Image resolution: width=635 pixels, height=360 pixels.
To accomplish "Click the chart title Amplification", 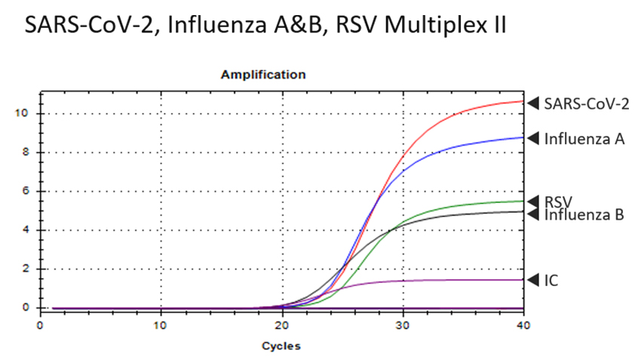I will (x=263, y=75).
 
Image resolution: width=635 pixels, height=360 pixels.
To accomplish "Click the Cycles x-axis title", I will (x=281, y=346).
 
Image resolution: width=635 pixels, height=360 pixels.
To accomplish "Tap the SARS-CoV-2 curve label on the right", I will (x=586, y=103).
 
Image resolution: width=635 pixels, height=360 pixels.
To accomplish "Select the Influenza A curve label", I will (x=579, y=138).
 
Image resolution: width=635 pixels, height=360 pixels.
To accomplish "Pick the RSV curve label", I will (x=558, y=202).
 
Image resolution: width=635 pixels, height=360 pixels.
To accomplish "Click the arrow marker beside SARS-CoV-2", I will (x=533, y=103).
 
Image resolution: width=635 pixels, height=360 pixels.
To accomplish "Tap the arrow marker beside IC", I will (x=533, y=279).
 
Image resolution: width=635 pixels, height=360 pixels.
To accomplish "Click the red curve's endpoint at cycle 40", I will (x=523, y=101).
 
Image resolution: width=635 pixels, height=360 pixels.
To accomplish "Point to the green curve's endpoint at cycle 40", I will (x=523, y=201).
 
